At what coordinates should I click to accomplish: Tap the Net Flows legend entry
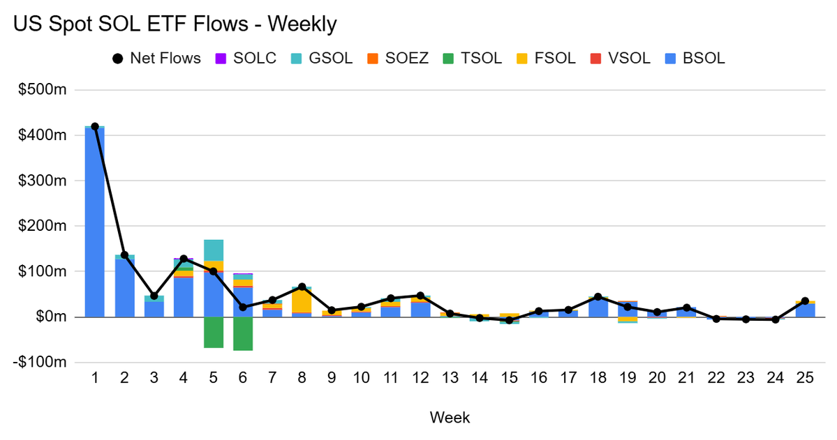pyautogui.click(x=156, y=58)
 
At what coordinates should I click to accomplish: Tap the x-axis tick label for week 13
pyautogui.click(x=450, y=377)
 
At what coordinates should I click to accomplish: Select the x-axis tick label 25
pyautogui.click(x=805, y=377)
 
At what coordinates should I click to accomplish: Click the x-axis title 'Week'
pyautogui.click(x=450, y=418)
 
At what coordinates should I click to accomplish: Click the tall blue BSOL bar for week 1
pyautogui.click(x=95, y=223)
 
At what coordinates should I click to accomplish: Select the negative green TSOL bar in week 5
pyautogui.click(x=214, y=332)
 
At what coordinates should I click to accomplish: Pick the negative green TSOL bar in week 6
pyautogui.click(x=243, y=333)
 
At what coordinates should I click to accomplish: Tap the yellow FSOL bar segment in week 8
pyautogui.click(x=302, y=301)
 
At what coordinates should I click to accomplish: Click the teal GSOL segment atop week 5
pyautogui.click(x=214, y=250)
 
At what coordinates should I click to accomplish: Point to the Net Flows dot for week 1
pyautogui.click(x=95, y=126)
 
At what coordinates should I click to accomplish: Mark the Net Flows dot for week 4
pyautogui.click(x=184, y=259)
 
